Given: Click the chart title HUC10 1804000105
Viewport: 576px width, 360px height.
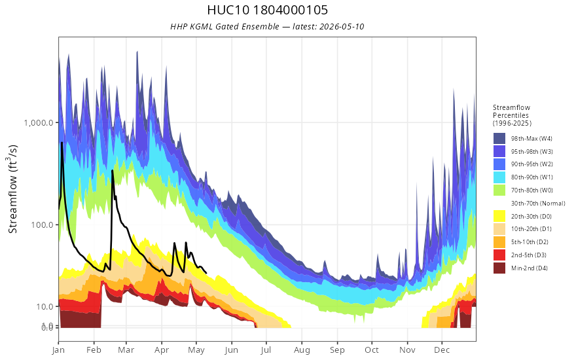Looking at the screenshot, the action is coord(267,10).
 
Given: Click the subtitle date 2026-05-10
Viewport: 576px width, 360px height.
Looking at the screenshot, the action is coord(342,26).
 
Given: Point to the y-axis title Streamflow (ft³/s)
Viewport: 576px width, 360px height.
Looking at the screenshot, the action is coord(13,189).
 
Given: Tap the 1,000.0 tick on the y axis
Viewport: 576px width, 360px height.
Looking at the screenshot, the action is coord(39,122).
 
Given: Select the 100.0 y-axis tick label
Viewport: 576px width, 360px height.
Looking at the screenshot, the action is coord(43,225).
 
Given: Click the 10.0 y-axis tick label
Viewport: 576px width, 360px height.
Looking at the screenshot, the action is coord(44,306).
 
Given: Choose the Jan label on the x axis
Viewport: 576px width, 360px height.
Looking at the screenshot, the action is coord(58,350).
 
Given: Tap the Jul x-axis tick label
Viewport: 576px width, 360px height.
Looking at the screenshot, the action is coord(266,350).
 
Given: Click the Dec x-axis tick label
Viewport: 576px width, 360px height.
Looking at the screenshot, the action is coord(442,350).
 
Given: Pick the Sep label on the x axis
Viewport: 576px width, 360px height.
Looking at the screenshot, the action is coord(337,350).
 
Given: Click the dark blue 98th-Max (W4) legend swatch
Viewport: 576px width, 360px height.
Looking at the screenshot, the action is coord(499,139).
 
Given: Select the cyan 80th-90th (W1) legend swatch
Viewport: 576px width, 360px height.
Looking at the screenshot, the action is coord(499,177).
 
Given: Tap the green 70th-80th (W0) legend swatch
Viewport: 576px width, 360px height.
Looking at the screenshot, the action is coord(499,190).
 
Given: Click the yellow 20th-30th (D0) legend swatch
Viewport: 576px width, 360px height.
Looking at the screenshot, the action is coord(499,217).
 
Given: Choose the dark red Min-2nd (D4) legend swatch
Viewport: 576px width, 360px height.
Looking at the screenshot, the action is coord(499,268).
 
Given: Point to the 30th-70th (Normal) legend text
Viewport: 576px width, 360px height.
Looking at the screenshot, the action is coord(538,204).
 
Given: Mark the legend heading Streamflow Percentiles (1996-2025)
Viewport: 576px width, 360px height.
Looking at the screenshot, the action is coord(512,115).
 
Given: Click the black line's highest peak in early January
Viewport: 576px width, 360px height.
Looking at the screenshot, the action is coord(62,143).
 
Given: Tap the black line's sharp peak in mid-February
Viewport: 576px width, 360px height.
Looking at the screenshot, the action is coord(112,170).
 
